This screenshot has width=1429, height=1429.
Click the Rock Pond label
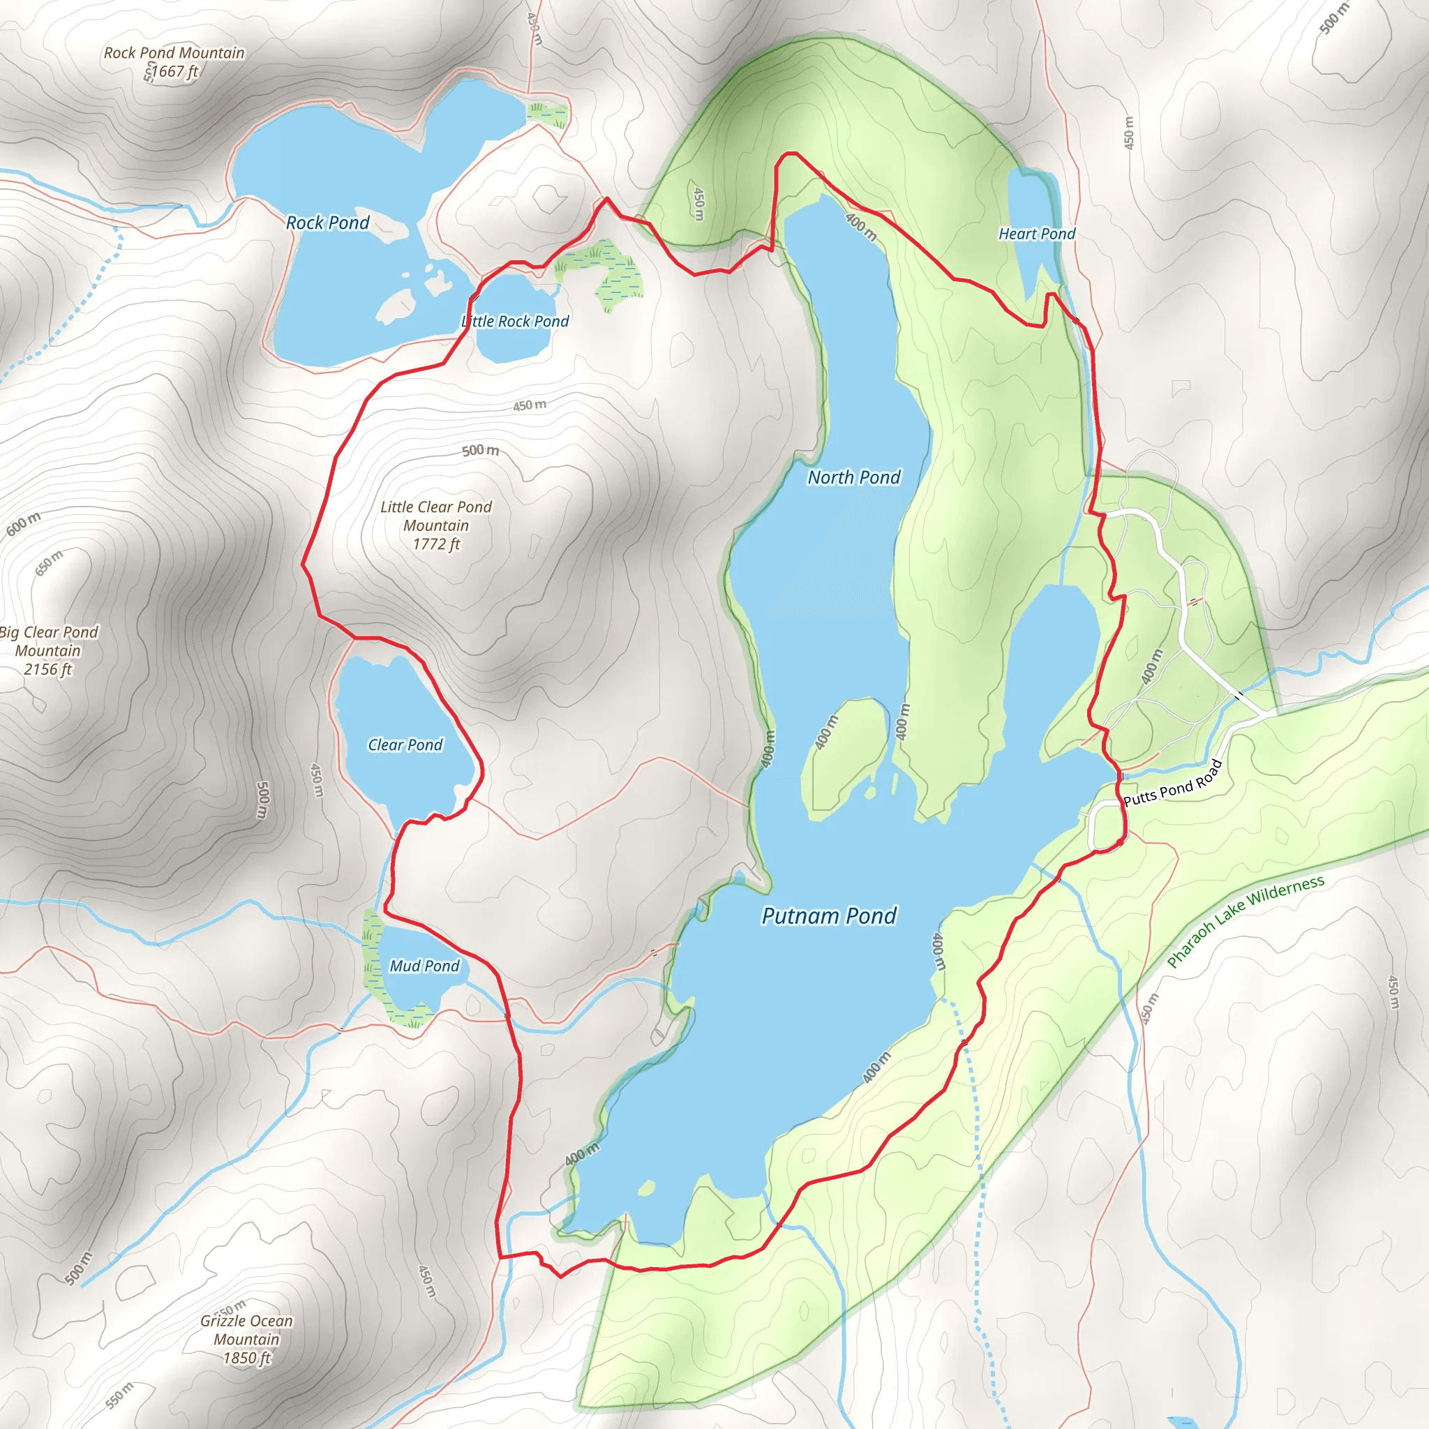point(327,223)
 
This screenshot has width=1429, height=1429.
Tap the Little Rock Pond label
point(515,321)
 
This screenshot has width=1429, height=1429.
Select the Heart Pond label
point(1036,234)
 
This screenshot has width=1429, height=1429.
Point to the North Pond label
point(853,477)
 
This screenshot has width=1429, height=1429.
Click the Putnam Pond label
point(828,915)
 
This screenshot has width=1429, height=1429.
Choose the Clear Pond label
point(405,745)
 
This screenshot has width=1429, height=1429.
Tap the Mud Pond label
point(424,966)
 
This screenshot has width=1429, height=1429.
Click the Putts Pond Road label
point(1172,783)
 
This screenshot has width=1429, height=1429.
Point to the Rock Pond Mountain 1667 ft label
point(174,62)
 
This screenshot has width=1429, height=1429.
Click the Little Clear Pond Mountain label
point(435,525)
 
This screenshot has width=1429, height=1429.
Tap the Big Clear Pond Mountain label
point(49,650)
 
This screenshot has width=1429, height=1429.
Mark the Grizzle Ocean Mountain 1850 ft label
point(246,1339)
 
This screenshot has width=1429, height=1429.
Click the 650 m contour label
point(49,563)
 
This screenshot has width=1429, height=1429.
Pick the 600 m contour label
point(24,524)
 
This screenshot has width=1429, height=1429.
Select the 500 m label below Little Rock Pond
point(480,450)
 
